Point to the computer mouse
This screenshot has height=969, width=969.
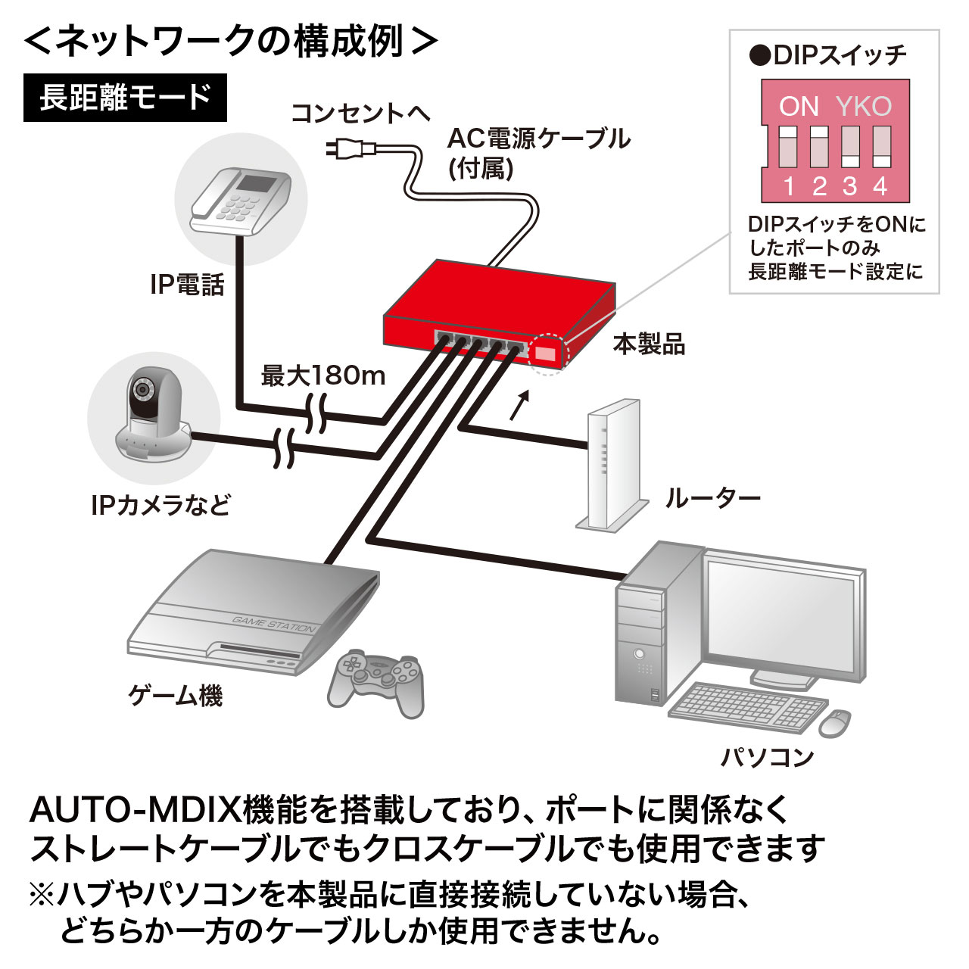coord(833,723)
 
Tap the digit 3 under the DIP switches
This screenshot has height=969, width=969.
coord(849,186)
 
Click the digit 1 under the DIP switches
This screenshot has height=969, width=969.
coord(789,186)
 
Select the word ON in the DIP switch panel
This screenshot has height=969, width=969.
coord(799,107)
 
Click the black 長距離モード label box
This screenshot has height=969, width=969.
coord(125,98)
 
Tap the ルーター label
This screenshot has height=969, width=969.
coord(712,499)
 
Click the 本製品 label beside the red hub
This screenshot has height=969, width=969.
coord(649,344)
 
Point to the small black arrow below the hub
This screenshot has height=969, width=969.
coord(518,406)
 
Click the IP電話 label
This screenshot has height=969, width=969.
coord(187,285)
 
